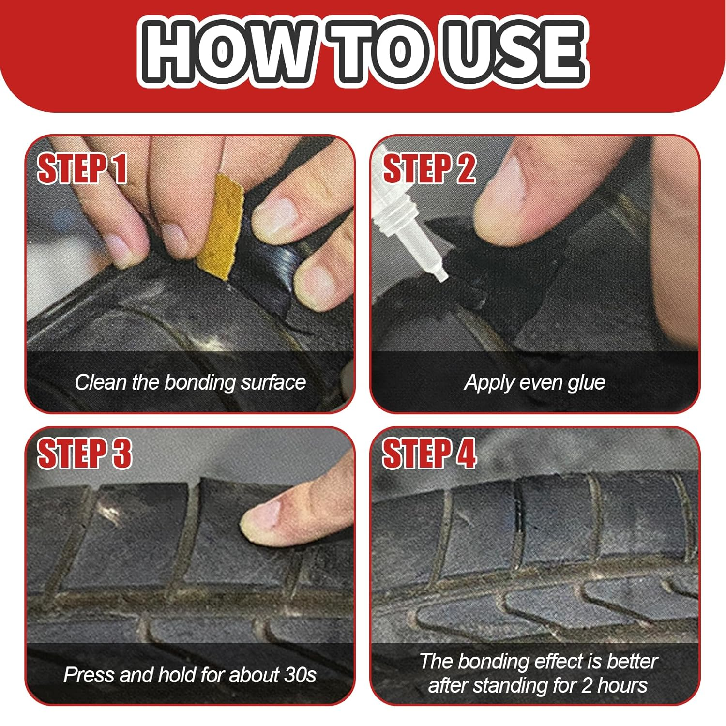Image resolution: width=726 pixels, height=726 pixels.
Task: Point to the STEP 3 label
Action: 84,453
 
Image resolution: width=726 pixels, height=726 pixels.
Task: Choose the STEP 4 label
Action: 429,453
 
